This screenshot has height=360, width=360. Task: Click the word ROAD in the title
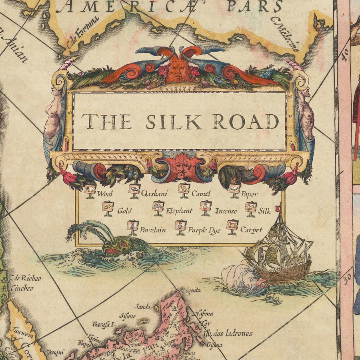click(245, 122)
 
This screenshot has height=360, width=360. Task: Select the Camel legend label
click(201, 194)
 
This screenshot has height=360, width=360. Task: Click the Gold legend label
click(124, 211)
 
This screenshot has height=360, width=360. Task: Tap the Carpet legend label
click(251, 230)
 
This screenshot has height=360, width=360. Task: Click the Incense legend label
click(226, 211)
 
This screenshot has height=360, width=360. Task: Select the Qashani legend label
click(154, 194)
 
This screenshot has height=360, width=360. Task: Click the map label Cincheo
click(22, 288)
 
